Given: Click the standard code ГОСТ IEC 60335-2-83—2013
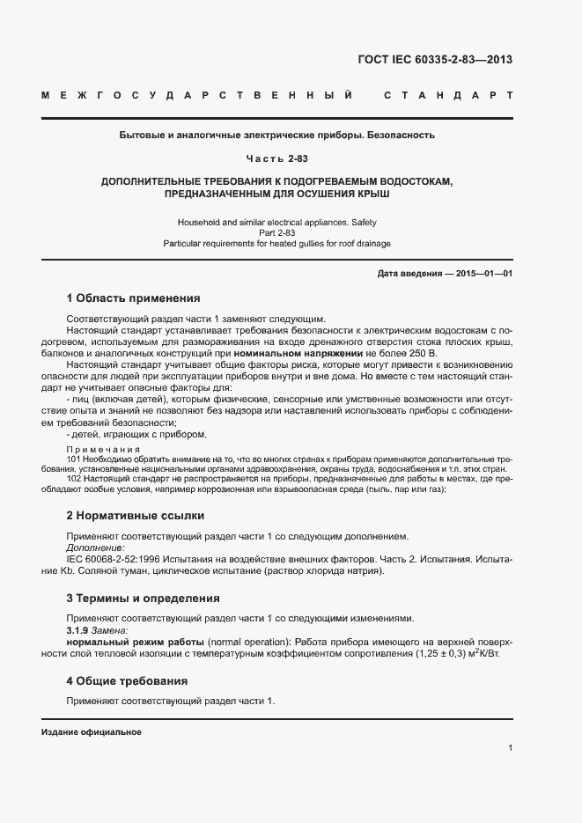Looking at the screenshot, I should point(435,61).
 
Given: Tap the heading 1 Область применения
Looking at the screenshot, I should point(134,298).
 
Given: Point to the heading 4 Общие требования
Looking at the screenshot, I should point(127,681).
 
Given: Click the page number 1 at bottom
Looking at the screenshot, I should point(510,747).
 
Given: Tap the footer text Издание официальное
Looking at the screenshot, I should point(92,732).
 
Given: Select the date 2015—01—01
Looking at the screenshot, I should point(483,274).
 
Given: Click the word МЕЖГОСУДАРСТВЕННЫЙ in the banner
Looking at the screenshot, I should point(199,94).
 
